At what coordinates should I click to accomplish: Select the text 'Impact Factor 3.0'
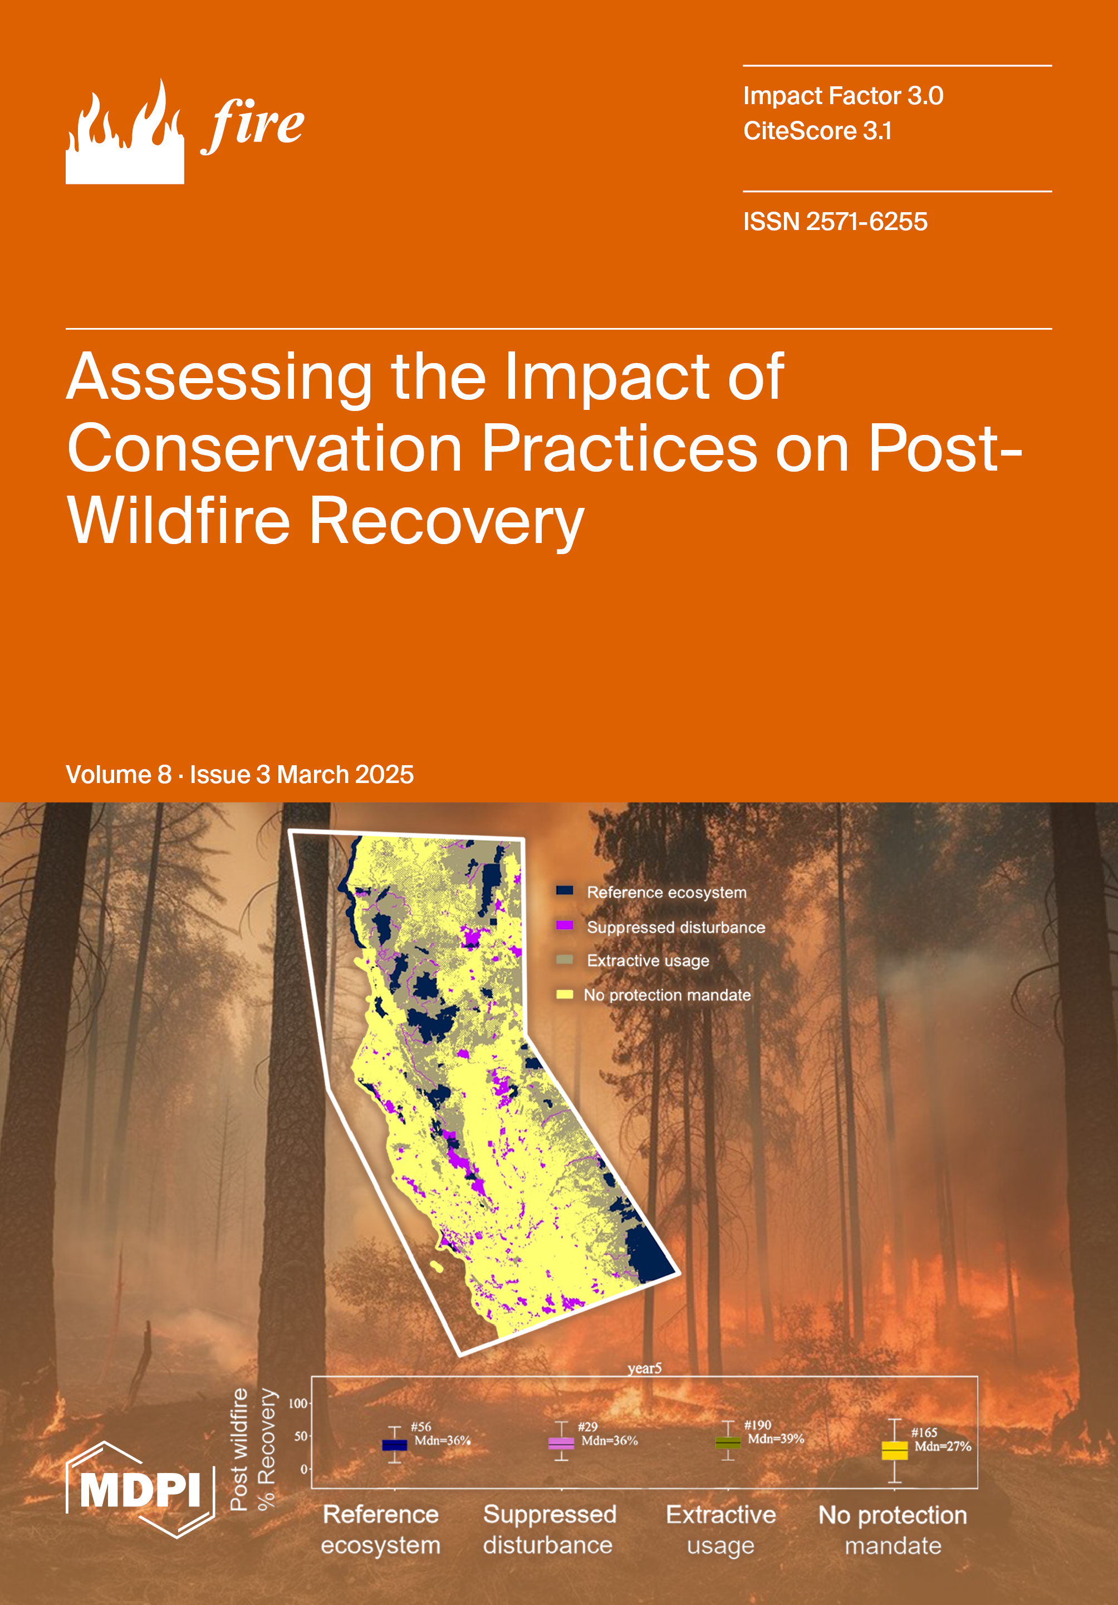point(843,96)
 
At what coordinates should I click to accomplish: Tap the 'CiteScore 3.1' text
point(817,131)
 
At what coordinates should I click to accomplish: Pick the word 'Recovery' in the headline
point(446,521)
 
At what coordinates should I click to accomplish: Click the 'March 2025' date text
point(345,775)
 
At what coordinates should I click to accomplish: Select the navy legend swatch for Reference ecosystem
point(565,890)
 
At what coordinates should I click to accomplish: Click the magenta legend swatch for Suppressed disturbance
point(565,926)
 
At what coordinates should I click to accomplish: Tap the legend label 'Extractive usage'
point(648,961)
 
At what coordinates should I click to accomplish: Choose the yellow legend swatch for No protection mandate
point(565,994)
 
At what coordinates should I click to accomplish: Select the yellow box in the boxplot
point(894,1451)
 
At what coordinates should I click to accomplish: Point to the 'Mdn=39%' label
point(776,1438)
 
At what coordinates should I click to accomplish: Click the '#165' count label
point(924,1432)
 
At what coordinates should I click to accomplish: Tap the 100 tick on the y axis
point(298,1403)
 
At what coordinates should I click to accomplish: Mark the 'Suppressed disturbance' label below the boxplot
point(549,1529)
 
